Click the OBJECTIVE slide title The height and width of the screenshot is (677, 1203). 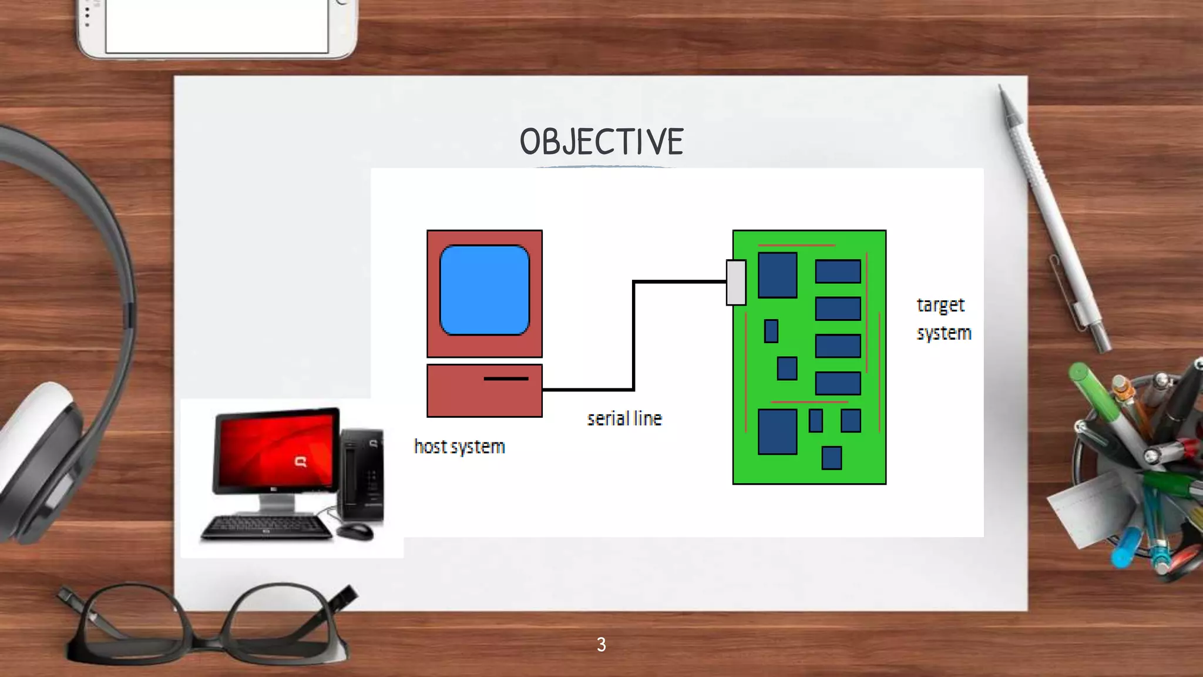point(601,142)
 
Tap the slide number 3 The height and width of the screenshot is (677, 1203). point(601,645)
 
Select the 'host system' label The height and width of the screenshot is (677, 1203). point(459,447)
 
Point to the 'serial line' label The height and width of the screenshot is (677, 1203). point(624,418)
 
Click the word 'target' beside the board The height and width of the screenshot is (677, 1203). point(940,305)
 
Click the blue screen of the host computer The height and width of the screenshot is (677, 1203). point(485,290)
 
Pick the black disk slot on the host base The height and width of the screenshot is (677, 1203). point(506,378)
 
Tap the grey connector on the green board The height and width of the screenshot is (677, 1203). point(736,283)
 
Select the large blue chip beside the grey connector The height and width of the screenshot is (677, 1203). point(777,275)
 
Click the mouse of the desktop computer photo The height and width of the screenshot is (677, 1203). point(354,532)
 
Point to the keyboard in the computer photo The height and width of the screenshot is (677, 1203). point(267,527)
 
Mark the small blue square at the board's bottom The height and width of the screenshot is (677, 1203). point(831,458)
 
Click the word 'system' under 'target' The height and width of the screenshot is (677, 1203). point(944,333)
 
